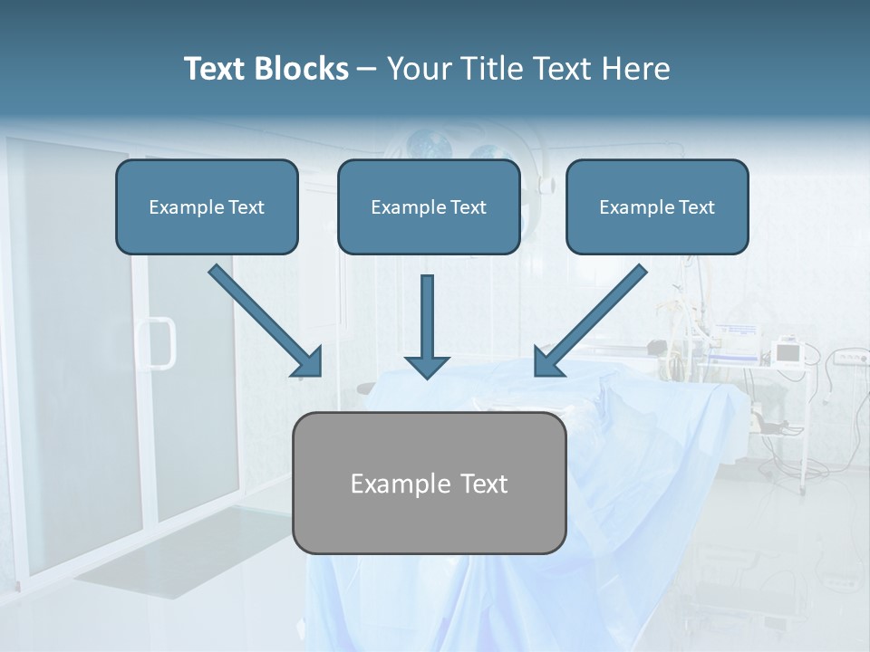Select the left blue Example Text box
click(207, 206)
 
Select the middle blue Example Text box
click(429, 206)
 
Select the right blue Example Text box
click(657, 206)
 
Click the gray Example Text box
click(430, 484)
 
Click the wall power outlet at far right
click(847, 359)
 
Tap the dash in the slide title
click(367, 69)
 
